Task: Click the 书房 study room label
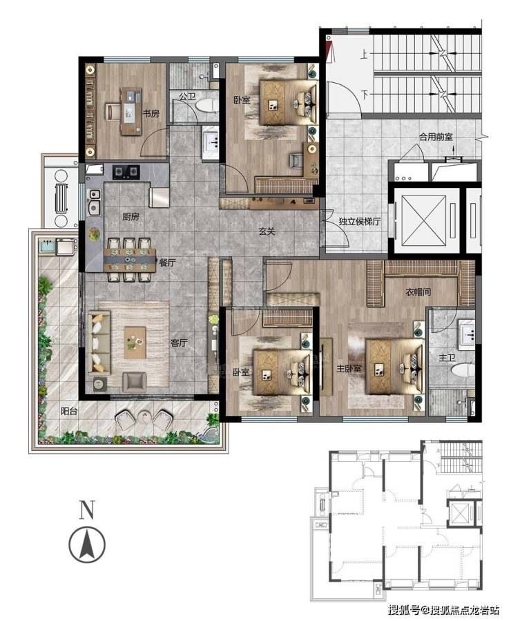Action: point(151,114)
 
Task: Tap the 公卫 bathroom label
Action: point(187,96)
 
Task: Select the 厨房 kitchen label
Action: point(131,217)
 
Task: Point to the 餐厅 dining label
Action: point(167,262)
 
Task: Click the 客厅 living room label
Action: point(179,343)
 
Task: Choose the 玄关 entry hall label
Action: point(267,231)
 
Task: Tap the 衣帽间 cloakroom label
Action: point(418,292)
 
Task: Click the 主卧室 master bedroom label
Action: point(349,369)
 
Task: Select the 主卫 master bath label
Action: point(447,358)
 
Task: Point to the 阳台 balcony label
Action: point(69,411)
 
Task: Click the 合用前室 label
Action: point(436,137)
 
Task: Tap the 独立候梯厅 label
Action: point(359,221)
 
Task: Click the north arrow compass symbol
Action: point(87,544)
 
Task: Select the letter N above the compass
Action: point(87,510)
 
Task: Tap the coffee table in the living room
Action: point(135,343)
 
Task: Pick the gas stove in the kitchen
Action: point(126,171)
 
